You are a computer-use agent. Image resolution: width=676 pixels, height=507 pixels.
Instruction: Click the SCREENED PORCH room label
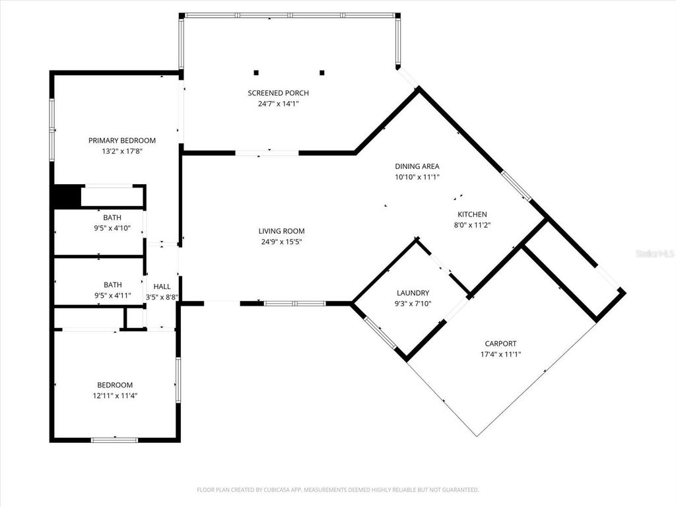(278, 93)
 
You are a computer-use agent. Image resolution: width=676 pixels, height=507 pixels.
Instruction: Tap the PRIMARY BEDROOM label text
(122, 141)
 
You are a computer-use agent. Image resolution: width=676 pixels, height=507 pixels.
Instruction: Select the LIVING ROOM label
(281, 231)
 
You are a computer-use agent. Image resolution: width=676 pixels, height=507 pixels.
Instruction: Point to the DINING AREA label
(417, 166)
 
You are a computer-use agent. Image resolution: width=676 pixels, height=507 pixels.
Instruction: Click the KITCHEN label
(472, 215)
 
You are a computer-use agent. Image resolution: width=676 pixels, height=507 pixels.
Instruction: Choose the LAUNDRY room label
(413, 293)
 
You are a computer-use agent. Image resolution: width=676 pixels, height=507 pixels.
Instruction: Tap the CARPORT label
(500, 344)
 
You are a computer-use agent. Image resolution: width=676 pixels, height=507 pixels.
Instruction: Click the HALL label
(162, 287)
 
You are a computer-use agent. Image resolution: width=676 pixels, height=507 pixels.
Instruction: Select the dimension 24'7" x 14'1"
(278, 104)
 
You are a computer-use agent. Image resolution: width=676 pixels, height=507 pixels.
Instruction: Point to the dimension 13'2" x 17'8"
(122, 151)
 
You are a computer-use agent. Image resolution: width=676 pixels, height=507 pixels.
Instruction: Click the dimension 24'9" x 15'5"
(281, 242)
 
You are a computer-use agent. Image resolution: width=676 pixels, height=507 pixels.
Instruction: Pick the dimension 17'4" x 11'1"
(500, 355)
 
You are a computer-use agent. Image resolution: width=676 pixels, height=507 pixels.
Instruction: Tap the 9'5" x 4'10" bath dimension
(112, 228)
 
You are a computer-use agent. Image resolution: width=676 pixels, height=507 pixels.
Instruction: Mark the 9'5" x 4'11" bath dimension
(112, 296)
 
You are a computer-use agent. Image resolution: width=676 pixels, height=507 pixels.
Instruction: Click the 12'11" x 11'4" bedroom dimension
(115, 396)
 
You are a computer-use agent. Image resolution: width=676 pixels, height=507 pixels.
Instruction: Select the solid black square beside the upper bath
(67, 197)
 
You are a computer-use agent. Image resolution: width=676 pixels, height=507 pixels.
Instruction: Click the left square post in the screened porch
(257, 73)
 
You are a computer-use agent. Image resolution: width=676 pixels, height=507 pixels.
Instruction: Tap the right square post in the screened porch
(322, 73)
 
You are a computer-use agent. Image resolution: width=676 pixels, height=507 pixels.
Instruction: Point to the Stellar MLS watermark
(654, 253)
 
